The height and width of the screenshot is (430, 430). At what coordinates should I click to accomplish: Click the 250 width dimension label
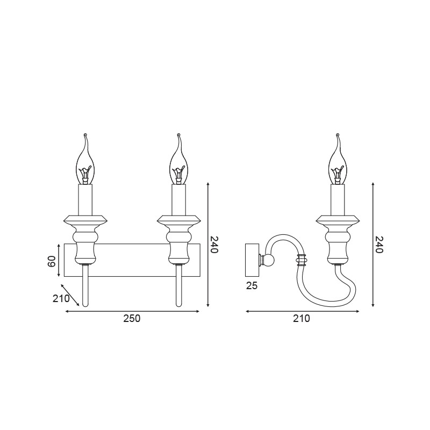pos(132,318)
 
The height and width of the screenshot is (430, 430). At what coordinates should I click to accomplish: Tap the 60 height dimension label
pos(52,261)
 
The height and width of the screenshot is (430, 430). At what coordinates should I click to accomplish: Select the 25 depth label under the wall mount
pos(252,286)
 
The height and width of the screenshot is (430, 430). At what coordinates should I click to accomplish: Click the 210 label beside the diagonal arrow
pos(61,298)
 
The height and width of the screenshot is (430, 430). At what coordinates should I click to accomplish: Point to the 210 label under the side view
pos(302,318)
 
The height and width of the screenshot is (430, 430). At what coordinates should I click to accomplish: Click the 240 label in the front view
pos(214,245)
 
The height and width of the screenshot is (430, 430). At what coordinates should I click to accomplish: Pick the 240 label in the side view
pos(378,245)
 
